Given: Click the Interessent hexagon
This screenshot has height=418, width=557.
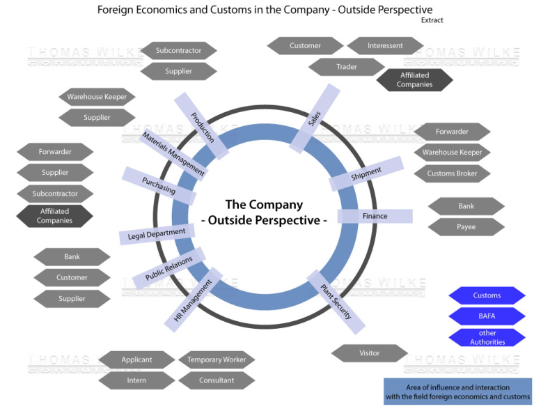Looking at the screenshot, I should [x=385, y=46].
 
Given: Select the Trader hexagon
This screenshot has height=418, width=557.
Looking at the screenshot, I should [x=346, y=67].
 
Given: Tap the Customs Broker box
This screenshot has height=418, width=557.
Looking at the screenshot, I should [x=452, y=173].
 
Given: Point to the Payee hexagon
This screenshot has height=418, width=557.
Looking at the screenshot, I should [x=466, y=227].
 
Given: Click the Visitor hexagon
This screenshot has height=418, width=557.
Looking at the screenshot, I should [x=369, y=353].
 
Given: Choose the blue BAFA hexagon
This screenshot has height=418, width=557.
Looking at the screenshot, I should [x=487, y=316].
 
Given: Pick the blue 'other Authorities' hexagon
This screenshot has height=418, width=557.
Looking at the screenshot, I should [x=487, y=337].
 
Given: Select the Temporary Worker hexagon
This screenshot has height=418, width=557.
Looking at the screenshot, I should [x=217, y=360].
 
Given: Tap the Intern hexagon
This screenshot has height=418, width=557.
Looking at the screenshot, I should [x=136, y=380].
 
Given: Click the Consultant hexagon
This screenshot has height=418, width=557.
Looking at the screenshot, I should [x=217, y=380].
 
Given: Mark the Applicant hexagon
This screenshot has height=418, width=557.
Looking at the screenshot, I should [x=136, y=360].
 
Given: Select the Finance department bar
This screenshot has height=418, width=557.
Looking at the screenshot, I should [x=375, y=216].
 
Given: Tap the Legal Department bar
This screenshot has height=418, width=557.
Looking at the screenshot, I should [x=157, y=233].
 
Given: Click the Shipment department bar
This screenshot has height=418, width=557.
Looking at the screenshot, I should [x=366, y=173].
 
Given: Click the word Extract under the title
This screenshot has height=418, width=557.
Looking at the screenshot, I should [x=432, y=20].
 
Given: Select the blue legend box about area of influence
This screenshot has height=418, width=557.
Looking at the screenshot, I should [x=457, y=392].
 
